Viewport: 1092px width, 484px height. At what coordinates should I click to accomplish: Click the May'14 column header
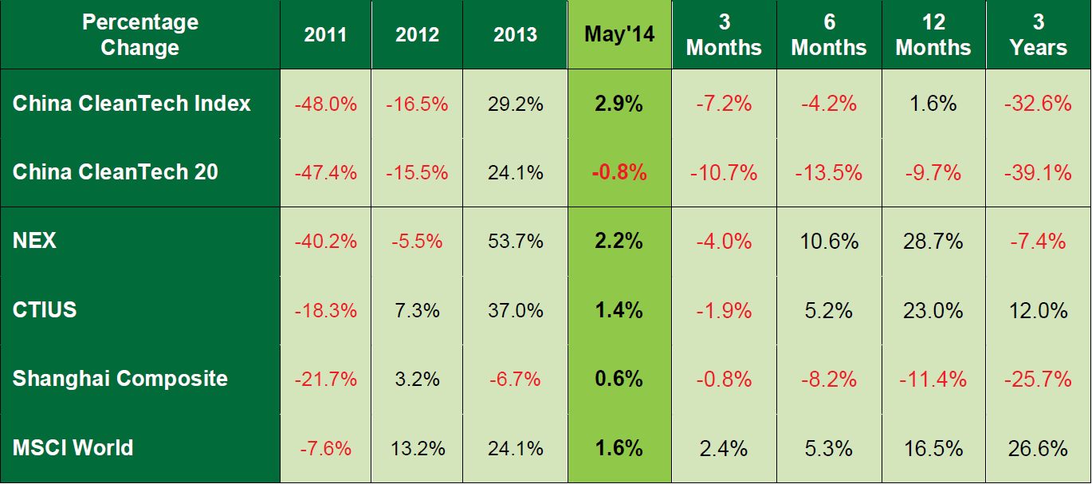(x=619, y=34)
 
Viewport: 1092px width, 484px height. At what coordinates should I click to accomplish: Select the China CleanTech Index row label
(x=132, y=103)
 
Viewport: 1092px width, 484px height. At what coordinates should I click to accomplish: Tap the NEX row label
(x=35, y=241)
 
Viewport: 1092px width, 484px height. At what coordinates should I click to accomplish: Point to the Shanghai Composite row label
(x=120, y=378)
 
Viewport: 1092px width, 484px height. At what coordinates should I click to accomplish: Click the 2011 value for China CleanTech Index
(x=325, y=104)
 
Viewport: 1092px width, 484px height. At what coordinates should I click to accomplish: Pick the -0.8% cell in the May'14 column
(x=619, y=172)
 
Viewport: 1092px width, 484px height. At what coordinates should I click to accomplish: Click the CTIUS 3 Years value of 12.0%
(x=1039, y=309)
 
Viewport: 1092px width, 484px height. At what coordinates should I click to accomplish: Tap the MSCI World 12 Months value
(x=933, y=447)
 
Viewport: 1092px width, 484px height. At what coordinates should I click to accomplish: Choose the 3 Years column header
(x=1039, y=34)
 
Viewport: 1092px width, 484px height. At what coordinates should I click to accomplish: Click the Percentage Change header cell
(x=139, y=34)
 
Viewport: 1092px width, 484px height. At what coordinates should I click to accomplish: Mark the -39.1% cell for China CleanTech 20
(x=1039, y=172)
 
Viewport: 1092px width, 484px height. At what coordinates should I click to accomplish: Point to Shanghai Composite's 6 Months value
(x=829, y=379)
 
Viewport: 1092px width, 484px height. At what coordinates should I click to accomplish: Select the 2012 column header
(x=417, y=34)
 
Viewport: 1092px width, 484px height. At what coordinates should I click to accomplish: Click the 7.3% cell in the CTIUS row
(x=417, y=309)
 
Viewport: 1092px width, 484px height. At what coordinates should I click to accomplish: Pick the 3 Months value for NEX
(x=724, y=241)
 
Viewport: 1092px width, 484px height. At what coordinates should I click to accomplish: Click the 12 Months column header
(x=933, y=34)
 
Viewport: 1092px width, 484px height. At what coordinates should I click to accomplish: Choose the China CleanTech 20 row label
(x=116, y=172)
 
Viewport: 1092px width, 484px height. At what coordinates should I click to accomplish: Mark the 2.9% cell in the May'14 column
(x=619, y=104)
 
